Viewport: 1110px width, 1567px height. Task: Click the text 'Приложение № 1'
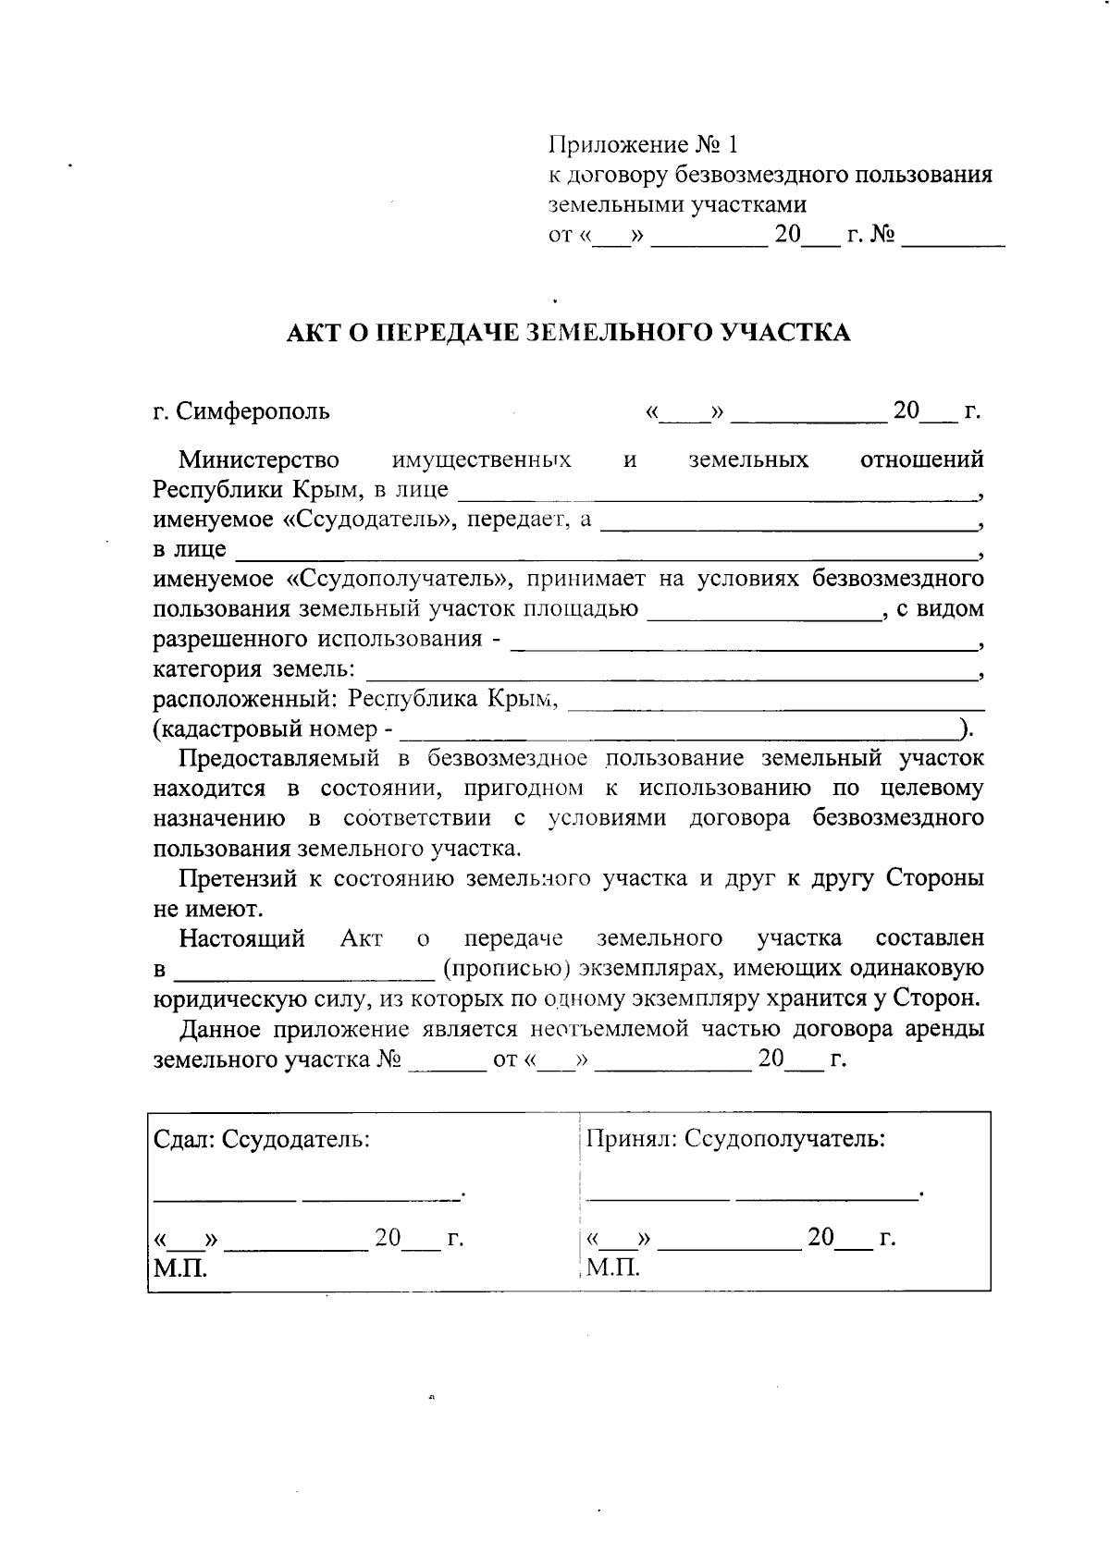pyautogui.click(x=645, y=145)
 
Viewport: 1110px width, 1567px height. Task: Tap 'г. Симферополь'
pyautogui.click(x=241, y=410)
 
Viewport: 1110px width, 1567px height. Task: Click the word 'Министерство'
pyautogui.click(x=259, y=459)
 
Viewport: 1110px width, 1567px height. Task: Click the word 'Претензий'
pyautogui.click(x=238, y=879)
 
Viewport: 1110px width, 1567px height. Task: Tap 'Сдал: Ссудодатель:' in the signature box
pyautogui.click(x=262, y=1139)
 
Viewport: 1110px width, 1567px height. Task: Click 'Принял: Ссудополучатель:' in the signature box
pyautogui.click(x=736, y=1139)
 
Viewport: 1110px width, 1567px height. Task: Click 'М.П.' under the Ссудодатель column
pyautogui.click(x=179, y=1267)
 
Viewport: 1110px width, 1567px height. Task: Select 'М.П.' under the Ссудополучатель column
pyautogui.click(x=613, y=1267)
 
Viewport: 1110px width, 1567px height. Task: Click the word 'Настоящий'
pyautogui.click(x=242, y=939)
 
